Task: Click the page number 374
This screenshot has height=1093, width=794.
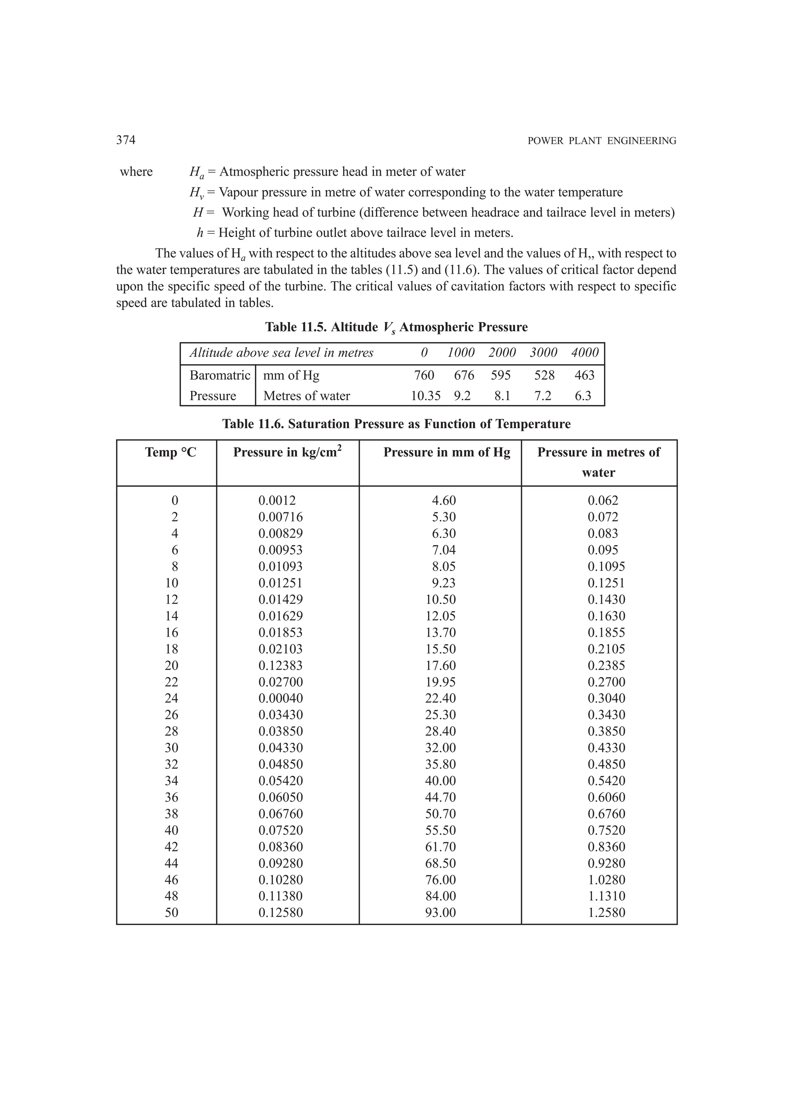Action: click(126, 140)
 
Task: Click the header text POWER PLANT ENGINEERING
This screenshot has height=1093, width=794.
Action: click(602, 141)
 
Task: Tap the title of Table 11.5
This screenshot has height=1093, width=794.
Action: click(396, 328)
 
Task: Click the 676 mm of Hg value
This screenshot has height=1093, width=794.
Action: click(464, 375)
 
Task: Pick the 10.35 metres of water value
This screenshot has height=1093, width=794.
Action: click(425, 396)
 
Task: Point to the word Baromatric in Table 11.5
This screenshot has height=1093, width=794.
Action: click(220, 375)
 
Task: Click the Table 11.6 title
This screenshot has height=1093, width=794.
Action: click(396, 424)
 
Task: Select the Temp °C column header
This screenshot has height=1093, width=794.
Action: click(171, 453)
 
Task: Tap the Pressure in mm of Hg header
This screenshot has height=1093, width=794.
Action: click(447, 453)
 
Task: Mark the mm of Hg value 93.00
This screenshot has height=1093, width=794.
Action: click(440, 913)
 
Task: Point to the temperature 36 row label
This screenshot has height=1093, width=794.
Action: click(171, 797)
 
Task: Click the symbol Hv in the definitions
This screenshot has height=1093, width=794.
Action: click(196, 193)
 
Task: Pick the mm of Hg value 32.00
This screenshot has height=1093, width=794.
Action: click(440, 748)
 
